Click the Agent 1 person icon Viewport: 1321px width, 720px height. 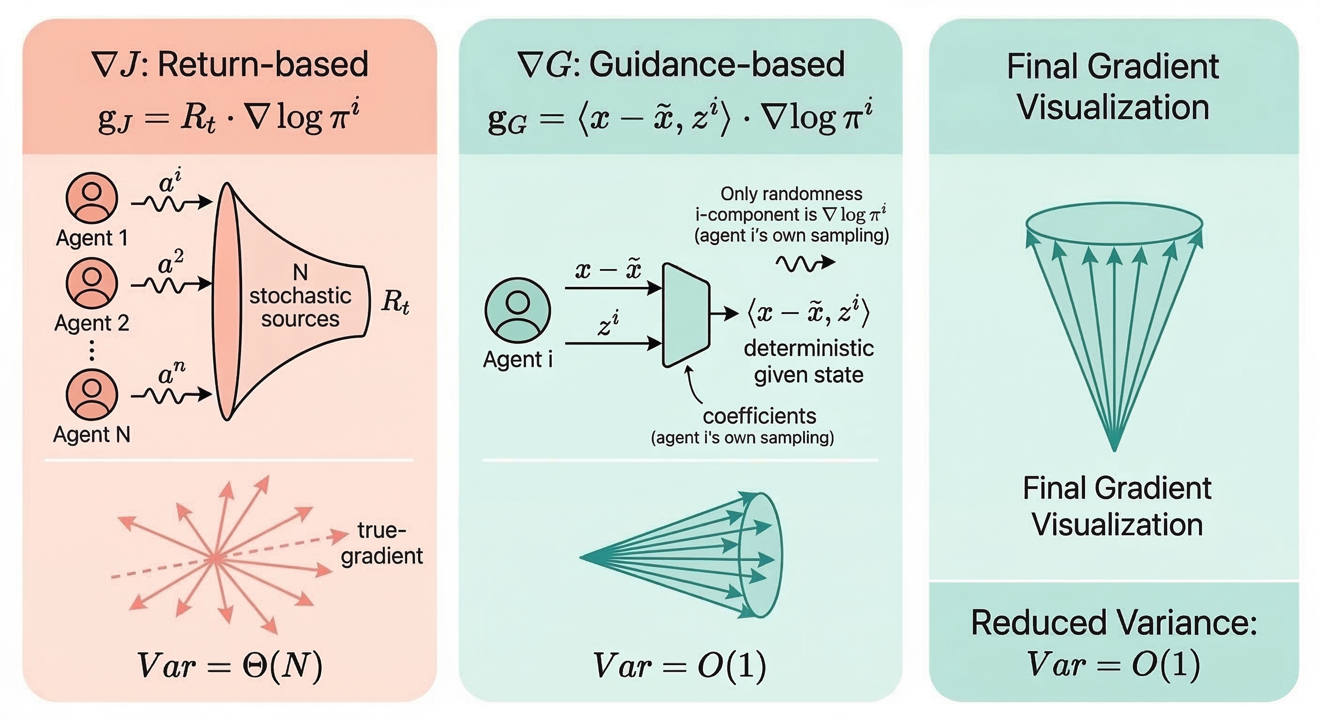pyautogui.click(x=92, y=198)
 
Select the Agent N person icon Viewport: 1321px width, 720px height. pyautogui.click(x=92, y=395)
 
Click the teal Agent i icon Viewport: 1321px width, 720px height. pyautogui.click(x=517, y=310)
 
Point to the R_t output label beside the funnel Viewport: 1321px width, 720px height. pyautogui.click(x=395, y=301)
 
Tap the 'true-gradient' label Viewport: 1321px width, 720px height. pyautogui.click(x=382, y=543)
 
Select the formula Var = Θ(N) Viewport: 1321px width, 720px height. pyautogui.click(x=230, y=665)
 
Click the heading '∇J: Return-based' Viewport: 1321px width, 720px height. pyautogui.click(x=230, y=64)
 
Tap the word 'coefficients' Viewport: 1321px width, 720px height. pyautogui.click(x=759, y=416)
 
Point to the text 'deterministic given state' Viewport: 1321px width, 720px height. pyautogui.click(x=809, y=362)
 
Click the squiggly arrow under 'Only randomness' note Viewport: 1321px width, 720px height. pyautogui.click(x=805, y=263)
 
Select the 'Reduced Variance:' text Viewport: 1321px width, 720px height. pyautogui.click(x=1114, y=623)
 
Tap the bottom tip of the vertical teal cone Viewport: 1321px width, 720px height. pyautogui.click(x=1114, y=451)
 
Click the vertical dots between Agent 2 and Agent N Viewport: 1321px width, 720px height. pyautogui.click(x=92, y=350)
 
